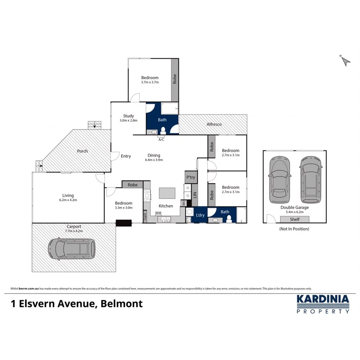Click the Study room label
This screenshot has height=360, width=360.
point(128,116)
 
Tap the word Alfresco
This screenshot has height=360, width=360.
point(214,124)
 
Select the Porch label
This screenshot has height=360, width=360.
point(82,151)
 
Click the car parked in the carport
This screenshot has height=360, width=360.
point(72,249)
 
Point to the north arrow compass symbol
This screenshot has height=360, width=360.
point(346,60)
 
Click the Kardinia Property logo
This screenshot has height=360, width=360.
point(322,304)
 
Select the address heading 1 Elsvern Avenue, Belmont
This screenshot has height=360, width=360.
point(76,304)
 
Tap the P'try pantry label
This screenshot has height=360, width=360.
point(190,177)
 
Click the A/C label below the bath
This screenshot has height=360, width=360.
point(161,140)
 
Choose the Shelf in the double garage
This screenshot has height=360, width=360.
point(295,219)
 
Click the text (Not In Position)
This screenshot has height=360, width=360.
point(294,229)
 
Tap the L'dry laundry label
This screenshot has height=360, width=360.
point(200,216)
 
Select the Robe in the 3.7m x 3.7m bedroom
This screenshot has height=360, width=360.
point(174,80)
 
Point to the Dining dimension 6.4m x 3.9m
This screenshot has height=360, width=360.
point(154,160)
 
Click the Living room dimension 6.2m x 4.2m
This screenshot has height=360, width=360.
point(68,200)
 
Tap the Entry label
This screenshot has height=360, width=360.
point(126,156)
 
